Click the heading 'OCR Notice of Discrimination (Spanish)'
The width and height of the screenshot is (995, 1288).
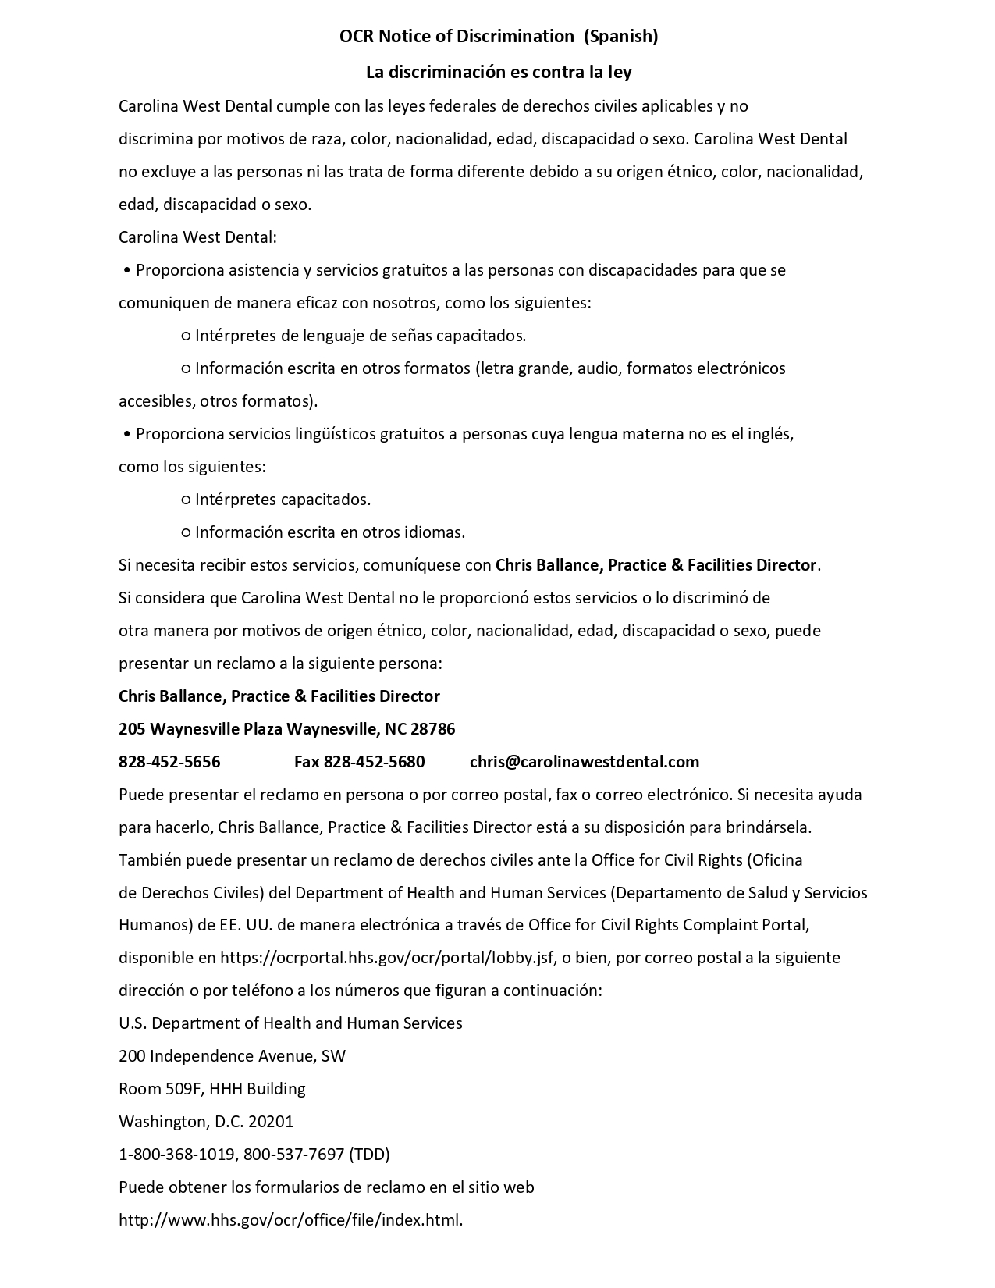pos(499,36)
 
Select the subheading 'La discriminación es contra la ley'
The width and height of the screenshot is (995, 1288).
pos(499,73)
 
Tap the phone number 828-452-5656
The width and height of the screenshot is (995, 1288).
pos(169,762)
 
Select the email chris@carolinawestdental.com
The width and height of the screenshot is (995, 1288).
pos(585,762)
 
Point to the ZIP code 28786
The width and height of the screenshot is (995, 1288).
pos(432,729)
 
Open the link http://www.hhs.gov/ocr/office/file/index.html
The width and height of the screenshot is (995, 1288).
pos(290,1220)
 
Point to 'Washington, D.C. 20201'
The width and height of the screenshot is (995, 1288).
pos(206,1122)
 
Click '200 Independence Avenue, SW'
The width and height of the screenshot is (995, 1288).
pos(232,1056)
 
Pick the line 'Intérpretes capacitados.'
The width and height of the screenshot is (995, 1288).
pos(283,500)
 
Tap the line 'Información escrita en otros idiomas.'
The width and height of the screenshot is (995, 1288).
pos(329,532)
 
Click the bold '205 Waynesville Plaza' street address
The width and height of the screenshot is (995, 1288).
pos(201,729)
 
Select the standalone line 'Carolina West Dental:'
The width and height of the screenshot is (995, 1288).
pos(197,237)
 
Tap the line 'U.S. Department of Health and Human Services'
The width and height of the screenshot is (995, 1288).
pos(290,1023)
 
